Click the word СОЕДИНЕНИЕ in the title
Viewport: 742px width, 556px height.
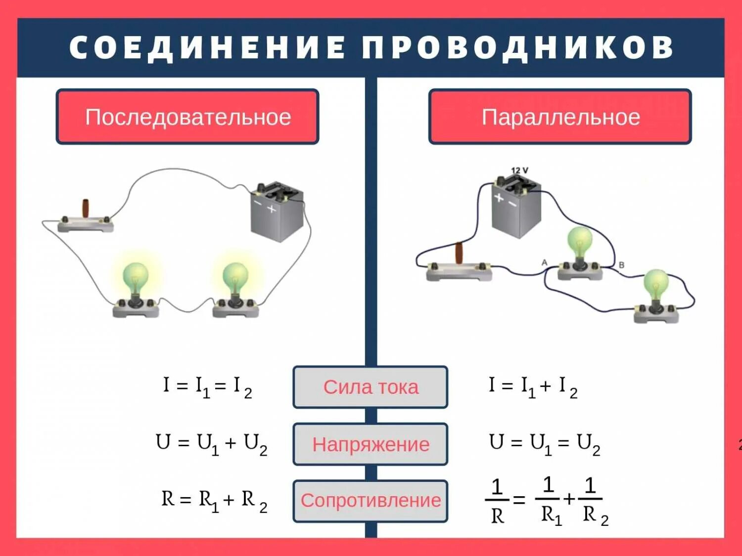coord(207,48)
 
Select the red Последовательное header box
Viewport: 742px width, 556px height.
coord(187,117)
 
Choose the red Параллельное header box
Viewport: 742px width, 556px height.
coord(560,117)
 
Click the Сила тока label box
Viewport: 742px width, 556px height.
coord(371,387)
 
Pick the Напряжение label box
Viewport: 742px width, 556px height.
coord(371,444)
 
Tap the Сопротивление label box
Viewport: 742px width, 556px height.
coord(371,501)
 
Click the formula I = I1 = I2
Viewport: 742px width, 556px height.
coord(208,386)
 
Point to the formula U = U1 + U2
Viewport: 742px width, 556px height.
coord(211,443)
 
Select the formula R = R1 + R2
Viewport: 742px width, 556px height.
coord(214,500)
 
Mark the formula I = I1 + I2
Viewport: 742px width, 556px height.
coord(533,386)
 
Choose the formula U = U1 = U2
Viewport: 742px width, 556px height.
coord(544,443)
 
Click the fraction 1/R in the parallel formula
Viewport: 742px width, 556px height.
coord(497,501)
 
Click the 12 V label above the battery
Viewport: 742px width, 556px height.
coord(519,171)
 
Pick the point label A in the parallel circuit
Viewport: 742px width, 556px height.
coord(545,262)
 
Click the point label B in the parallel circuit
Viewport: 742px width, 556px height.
coord(621,265)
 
